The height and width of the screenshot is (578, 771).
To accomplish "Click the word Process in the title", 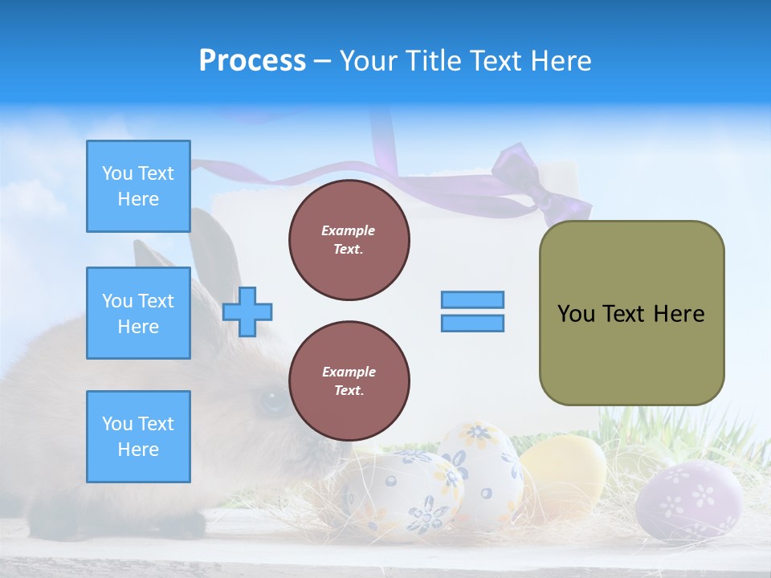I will pyautogui.click(x=252, y=61).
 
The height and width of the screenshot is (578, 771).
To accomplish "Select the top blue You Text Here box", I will pyautogui.click(x=138, y=186).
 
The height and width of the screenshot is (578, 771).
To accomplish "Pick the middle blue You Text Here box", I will pyautogui.click(x=138, y=313).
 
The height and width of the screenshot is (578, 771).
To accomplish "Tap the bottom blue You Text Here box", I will pyautogui.click(x=138, y=437).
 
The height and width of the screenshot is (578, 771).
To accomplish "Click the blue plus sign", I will pyautogui.click(x=247, y=311).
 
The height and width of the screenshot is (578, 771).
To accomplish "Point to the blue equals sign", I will pyautogui.click(x=472, y=311).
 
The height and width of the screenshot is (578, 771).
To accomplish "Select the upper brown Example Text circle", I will pyautogui.click(x=349, y=240).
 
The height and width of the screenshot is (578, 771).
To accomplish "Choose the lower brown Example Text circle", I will pyautogui.click(x=349, y=381).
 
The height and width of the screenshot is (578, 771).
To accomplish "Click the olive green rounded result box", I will pyautogui.click(x=631, y=313).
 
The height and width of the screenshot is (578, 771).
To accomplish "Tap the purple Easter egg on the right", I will pyautogui.click(x=688, y=502).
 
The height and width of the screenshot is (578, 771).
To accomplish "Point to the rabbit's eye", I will pyautogui.click(x=271, y=401).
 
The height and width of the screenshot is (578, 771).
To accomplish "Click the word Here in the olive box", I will pyautogui.click(x=679, y=314).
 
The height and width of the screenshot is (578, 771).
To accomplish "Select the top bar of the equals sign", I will pyautogui.click(x=472, y=299).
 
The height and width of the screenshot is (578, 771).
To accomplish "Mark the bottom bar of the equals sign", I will pyautogui.click(x=472, y=324).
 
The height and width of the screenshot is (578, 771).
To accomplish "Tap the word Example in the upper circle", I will pyautogui.click(x=349, y=230).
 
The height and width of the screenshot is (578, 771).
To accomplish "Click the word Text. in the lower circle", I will pyautogui.click(x=349, y=391).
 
